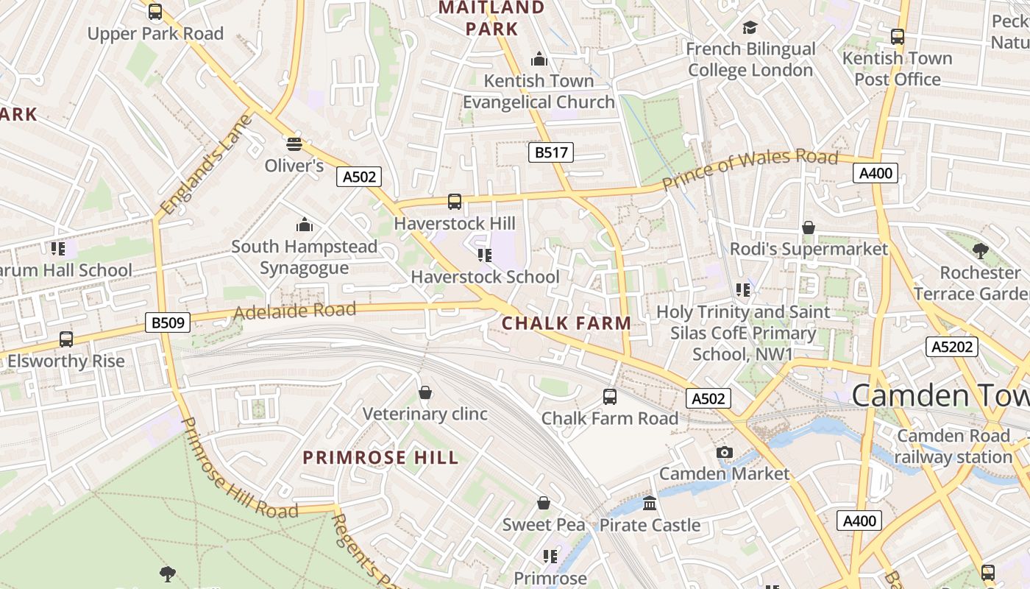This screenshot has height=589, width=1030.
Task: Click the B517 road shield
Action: pyautogui.click(x=550, y=152)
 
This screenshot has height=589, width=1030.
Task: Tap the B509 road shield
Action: pyautogui.click(x=168, y=322)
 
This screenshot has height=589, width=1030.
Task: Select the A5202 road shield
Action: pyautogui.click(x=952, y=347)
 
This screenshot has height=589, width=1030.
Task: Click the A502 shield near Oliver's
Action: pyautogui.click(x=358, y=177)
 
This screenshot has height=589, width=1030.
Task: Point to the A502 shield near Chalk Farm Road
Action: pyautogui.click(x=708, y=398)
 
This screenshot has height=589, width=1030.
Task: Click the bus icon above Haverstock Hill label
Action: pyautogui.click(x=455, y=201)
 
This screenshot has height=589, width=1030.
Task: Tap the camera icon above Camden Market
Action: pyautogui.click(x=725, y=452)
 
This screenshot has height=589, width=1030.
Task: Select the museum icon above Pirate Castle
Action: pyautogui.click(x=650, y=504)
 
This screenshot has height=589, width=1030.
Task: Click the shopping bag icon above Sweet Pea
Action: pyautogui.click(x=544, y=503)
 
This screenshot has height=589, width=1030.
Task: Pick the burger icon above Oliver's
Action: pyautogui.click(x=294, y=143)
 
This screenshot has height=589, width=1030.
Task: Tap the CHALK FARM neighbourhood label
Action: pyautogui.click(x=566, y=322)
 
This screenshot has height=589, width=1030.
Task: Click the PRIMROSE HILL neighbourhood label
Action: pyautogui.click(x=381, y=457)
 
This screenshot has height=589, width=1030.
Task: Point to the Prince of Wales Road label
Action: pyautogui.click(x=750, y=167)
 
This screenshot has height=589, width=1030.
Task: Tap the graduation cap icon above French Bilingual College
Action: pyautogui.click(x=750, y=28)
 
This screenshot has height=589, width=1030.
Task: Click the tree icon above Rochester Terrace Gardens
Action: pyautogui.click(x=979, y=250)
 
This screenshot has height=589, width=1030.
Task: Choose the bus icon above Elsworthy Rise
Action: pyautogui.click(x=66, y=339)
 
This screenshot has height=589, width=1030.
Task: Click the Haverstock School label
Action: pyautogui.click(x=485, y=277)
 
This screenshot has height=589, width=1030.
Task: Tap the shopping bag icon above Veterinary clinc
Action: pyautogui.click(x=425, y=392)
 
